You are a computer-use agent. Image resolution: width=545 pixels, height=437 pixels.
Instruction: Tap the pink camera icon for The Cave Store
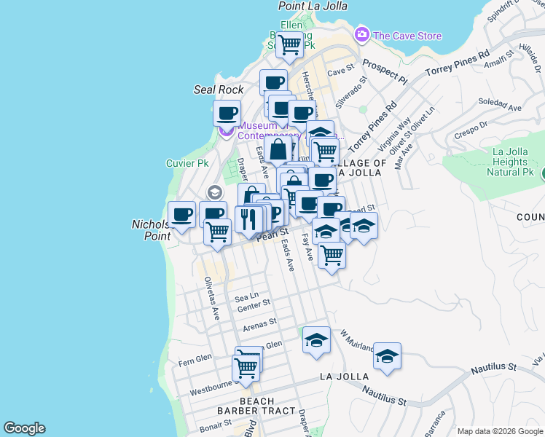[362, 34]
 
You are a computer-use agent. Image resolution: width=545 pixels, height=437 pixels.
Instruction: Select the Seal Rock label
[219, 90]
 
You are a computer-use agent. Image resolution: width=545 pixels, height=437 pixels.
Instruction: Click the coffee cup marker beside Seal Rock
[227, 114]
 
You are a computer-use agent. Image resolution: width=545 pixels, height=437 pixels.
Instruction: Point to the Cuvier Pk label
[187, 163]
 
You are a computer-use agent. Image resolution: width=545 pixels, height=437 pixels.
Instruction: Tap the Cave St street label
[340, 72]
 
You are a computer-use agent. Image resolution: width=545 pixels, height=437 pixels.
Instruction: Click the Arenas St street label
[260, 323]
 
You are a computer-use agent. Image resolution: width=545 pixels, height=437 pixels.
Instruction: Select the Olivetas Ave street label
[212, 299]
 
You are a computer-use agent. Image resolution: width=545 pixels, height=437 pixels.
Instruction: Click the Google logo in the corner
[24, 428]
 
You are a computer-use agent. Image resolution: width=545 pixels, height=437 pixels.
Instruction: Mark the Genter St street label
[254, 306]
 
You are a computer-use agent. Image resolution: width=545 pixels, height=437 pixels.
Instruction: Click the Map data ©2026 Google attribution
[499, 430]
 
